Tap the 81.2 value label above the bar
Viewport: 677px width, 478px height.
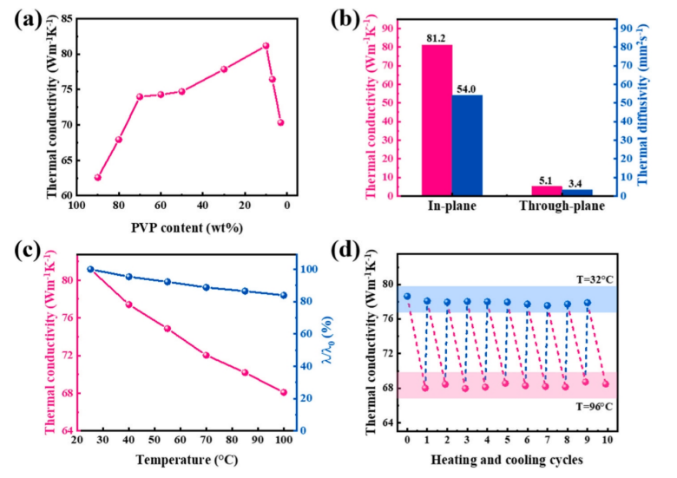(x=437, y=38)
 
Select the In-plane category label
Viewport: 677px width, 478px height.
(x=451, y=209)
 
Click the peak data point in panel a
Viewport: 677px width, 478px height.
(x=266, y=46)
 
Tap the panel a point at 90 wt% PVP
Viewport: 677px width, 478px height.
(x=98, y=177)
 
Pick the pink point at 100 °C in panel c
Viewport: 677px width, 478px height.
(x=284, y=392)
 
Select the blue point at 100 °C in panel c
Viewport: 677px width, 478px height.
(x=284, y=295)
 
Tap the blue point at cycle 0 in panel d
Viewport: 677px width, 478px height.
(x=407, y=297)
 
